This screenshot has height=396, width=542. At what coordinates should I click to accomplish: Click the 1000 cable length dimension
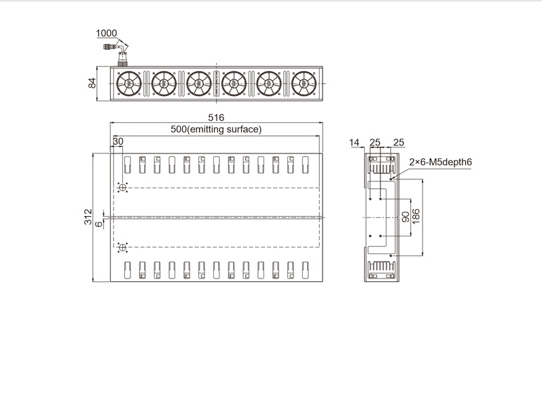point(107,33)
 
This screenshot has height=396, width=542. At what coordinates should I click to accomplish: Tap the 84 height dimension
point(92,84)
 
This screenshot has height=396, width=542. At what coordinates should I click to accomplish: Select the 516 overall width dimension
point(216,118)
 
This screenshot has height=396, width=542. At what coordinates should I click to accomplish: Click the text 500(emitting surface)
point(216,129)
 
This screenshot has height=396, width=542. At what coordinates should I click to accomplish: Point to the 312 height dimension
point(88,217)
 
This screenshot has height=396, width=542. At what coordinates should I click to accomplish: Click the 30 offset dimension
point(118,141)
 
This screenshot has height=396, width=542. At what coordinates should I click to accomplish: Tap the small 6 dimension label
point(99,224)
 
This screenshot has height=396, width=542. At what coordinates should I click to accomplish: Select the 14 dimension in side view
point(355,143)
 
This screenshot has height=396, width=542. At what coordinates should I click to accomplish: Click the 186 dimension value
point(416,216)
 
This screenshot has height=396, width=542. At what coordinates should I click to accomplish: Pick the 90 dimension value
point(405,217)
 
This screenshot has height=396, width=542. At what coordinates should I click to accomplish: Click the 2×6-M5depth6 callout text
point(440,162)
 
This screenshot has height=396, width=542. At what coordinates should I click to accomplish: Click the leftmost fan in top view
point(129,84)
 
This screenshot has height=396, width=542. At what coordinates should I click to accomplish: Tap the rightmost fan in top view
point(304,84)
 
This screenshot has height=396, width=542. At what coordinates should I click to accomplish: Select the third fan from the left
point(199,84)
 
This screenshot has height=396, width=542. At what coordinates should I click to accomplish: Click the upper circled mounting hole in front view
point(122,187)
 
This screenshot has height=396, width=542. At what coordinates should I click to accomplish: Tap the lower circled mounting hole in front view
point(122,247)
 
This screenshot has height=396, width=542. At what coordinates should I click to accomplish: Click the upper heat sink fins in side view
point(381,168)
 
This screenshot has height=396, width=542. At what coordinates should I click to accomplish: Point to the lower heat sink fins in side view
point(381,267)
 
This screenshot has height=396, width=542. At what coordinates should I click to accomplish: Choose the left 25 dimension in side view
point(375,143)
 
